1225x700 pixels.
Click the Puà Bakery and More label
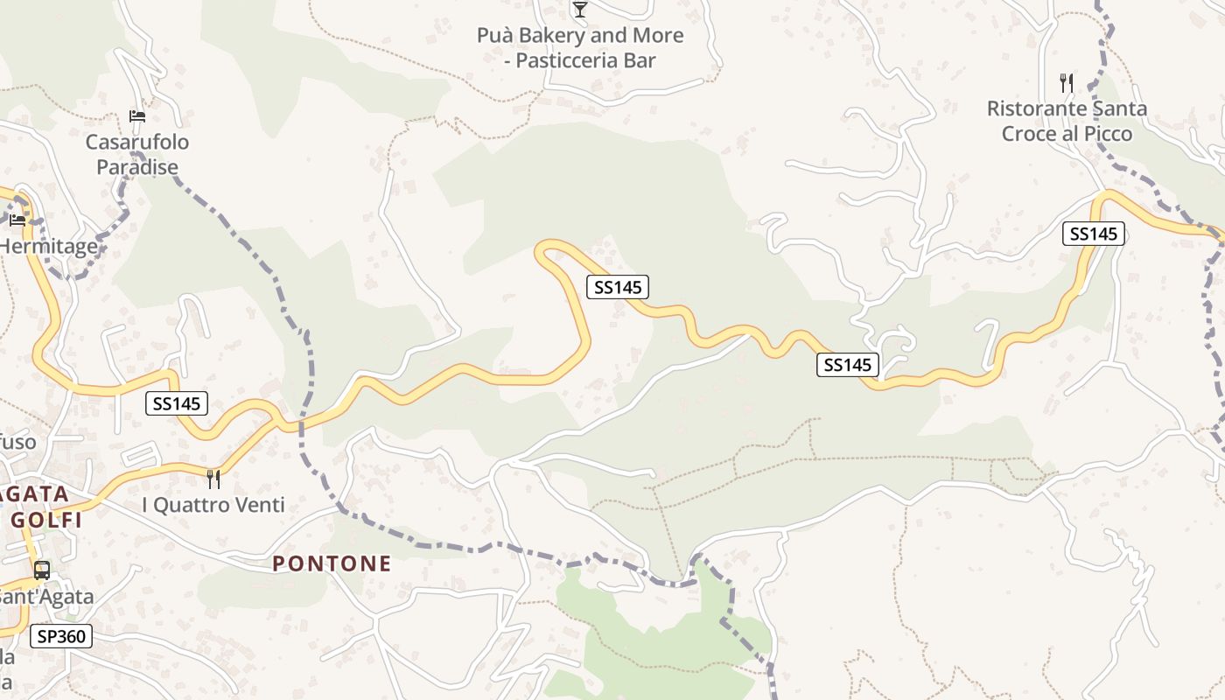point(580,36)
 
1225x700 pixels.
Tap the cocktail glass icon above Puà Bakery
point(579,10)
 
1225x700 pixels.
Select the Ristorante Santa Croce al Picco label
point(1067,121)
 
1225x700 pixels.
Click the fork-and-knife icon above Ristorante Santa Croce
point(1066,83)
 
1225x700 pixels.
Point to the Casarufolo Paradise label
point(136,154)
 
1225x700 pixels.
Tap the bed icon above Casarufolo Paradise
point(136,115)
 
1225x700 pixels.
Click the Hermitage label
point(49,247)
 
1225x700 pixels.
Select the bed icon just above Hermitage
point(17,220)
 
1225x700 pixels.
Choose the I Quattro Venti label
point(213,505)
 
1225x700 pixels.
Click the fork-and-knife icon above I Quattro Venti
point(213,479)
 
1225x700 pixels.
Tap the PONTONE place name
point(332,563)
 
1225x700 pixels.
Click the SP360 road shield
point(61,636)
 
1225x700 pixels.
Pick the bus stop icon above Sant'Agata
point(41,570)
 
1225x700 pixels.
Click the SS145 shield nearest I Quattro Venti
point(177,403)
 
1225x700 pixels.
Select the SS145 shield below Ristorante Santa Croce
point(1093,234)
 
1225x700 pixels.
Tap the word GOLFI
point(47,520)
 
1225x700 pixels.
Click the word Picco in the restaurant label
point(1107,134)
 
